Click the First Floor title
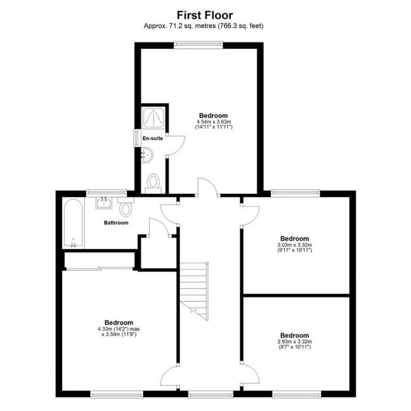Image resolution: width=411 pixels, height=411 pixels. tap(205, 15)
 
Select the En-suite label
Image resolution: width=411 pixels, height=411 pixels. tap(153, 138)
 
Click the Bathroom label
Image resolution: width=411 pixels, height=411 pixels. tap(116, 223)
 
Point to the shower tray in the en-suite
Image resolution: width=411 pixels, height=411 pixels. tap(153, 117)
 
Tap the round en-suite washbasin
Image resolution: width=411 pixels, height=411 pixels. tap(146, 155)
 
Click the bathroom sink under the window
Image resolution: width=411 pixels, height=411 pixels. tap(104, 202)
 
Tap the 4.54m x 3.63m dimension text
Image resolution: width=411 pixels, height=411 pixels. tap(214, 121)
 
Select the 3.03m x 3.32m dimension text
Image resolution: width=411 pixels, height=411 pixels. tap(295, 245)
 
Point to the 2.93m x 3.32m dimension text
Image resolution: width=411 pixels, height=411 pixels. tap(295, 342)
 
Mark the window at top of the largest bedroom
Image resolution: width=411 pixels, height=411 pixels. tap(199, 45)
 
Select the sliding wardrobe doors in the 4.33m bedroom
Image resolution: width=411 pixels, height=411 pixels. tap(100, 268)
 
